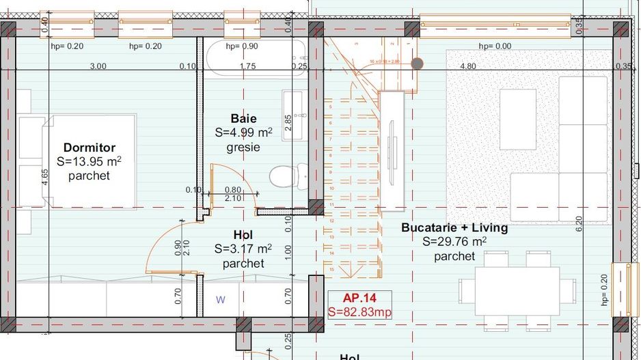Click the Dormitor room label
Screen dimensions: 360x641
(x=89, y=148)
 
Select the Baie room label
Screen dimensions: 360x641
(x=243, y=119)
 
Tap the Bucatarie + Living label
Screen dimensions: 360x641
(x=454, y=227)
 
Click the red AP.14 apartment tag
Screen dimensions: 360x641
(x=359, y=298)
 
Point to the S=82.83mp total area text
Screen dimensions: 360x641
(x=359, y=311)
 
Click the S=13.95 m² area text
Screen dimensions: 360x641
(x=89, y=162)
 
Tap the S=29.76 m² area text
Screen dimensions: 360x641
(x=454, y=242)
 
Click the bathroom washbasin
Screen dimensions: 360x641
(x=295, y=114)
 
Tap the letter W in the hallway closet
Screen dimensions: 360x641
(x=220, y=299)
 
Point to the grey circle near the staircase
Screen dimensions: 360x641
(x=417, y=64)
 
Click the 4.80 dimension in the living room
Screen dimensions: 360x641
(x=467, y=66)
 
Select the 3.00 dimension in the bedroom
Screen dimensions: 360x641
(x=98, y=66)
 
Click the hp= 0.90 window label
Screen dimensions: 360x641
(x=242, y=46)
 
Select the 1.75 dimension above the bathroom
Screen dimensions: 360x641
(x=247, y=66)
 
